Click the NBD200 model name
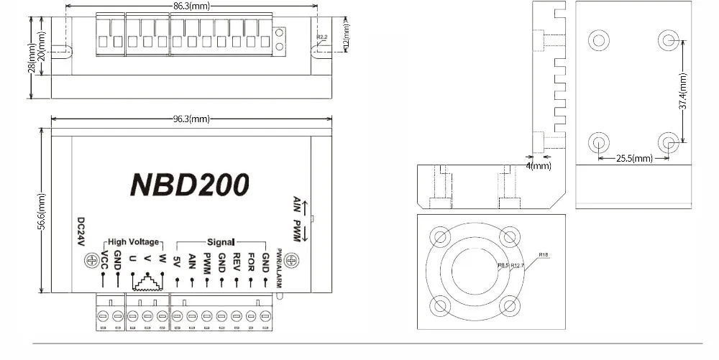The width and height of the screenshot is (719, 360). coord(189,185)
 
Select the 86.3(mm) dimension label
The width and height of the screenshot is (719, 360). coord(191,6)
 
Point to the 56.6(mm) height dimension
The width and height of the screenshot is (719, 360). coord(42,211)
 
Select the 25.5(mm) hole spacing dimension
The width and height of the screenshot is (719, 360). coord(633,158)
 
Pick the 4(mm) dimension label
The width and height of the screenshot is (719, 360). coord(539,165)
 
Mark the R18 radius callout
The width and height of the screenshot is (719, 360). coord(543,254)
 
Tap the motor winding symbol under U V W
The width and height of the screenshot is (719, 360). coord(147,282)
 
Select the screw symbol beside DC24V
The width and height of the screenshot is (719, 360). coord(91,259)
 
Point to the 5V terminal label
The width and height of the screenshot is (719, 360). coord(177,259)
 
